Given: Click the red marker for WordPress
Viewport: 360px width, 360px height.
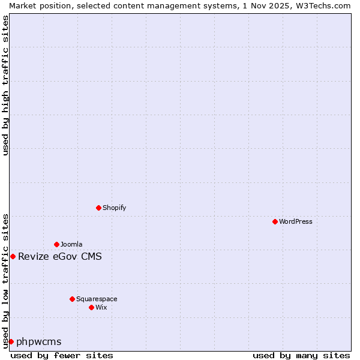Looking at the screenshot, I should (x=275, y=221).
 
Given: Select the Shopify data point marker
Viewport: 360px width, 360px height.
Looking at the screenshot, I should (x=98, y=208).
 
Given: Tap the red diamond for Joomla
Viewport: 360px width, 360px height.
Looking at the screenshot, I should (x=56, y=244).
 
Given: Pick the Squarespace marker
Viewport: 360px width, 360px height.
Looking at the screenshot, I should (x=72, y=299).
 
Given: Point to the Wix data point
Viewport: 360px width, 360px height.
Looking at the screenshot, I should (x=91, y=307).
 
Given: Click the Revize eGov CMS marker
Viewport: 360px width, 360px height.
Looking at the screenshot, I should (x=13, y=256).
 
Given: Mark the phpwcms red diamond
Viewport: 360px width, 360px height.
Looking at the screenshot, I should (x=11, y=341).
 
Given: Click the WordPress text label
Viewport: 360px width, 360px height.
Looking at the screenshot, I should (x=296, y=221).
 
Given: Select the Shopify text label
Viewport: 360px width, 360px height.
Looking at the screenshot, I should (x=114, y=208).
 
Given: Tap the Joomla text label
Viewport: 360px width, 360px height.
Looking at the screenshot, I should (x=71, y=244).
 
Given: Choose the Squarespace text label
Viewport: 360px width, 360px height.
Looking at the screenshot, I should (x=97, y=299).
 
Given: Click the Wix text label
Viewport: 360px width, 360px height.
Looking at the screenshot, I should (x=101, y=307).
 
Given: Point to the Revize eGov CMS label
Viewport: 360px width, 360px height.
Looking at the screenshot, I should (x=60, y=257).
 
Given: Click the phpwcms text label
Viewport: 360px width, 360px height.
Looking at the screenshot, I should (x=39, y=342).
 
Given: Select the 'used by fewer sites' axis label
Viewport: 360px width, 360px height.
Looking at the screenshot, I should (x=62, y=355).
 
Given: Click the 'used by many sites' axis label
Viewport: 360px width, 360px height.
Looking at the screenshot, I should (x=301, y=355).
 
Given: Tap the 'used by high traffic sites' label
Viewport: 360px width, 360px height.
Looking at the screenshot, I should (x=5, y=85).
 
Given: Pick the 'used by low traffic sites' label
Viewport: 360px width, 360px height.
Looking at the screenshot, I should (x=5, y=281).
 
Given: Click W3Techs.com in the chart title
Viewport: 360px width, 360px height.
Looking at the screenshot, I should (x=322, y=5).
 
